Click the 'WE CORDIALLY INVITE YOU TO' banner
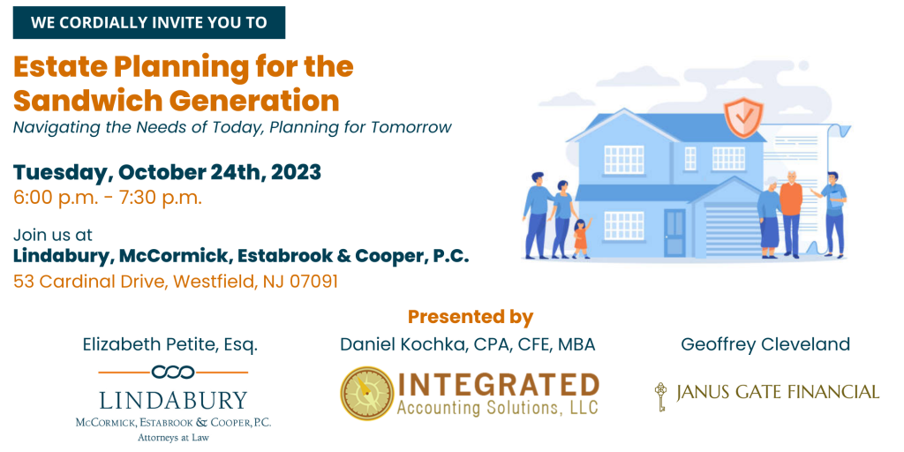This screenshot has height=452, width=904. click(x=148, y=22)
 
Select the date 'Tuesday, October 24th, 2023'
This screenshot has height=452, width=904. click(x=167, y=172)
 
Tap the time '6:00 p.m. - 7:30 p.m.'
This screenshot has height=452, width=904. click(x=108, y=198)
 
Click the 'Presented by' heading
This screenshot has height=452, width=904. click(x=471, y=317)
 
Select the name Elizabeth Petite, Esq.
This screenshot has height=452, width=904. click(x=170, y=345)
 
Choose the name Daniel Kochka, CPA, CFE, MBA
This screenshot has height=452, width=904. click(x=468, y=345)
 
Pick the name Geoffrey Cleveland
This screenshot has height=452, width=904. click(x=765, y=344)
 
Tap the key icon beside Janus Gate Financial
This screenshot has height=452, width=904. click(x=660, y=396)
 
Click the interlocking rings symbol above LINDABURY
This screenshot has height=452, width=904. click(x=173, y=373)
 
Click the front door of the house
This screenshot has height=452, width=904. click(x=674, y=232)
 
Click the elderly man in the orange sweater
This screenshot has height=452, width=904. click(x=792, y=214)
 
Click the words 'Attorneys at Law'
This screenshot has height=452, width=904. click(x=173, y=438)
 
